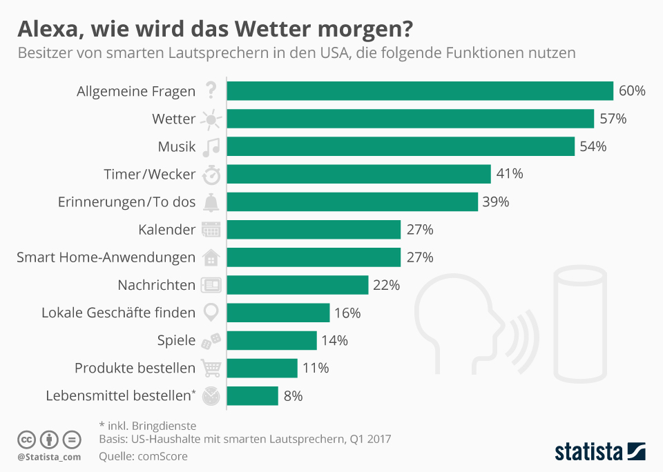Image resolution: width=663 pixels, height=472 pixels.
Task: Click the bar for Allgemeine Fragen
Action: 420,91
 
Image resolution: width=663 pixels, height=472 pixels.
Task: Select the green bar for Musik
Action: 401,146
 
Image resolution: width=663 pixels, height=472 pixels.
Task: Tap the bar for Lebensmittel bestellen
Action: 252,395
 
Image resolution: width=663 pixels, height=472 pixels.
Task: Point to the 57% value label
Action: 613,119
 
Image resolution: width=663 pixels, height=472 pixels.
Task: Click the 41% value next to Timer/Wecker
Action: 510,174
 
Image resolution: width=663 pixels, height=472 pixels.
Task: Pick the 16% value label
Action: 347,313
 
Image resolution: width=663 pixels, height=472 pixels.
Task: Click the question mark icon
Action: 211,91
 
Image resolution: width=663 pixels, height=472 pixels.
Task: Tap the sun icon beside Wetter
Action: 211,119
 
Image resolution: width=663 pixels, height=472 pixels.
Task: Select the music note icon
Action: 211,146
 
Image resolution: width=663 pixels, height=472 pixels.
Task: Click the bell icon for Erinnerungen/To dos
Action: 211,202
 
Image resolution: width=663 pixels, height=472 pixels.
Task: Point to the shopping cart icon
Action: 211,368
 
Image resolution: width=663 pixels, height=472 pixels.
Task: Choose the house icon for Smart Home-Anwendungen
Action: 211,257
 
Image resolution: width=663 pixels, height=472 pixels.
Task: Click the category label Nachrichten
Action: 156,285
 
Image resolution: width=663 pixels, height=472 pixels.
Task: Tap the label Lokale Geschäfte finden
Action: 118,313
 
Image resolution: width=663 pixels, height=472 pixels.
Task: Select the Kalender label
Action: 166,230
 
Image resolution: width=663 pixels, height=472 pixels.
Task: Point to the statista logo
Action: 600,452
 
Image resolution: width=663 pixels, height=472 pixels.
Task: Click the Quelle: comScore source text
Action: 143,456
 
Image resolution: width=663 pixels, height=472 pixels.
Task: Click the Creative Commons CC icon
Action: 26,439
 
